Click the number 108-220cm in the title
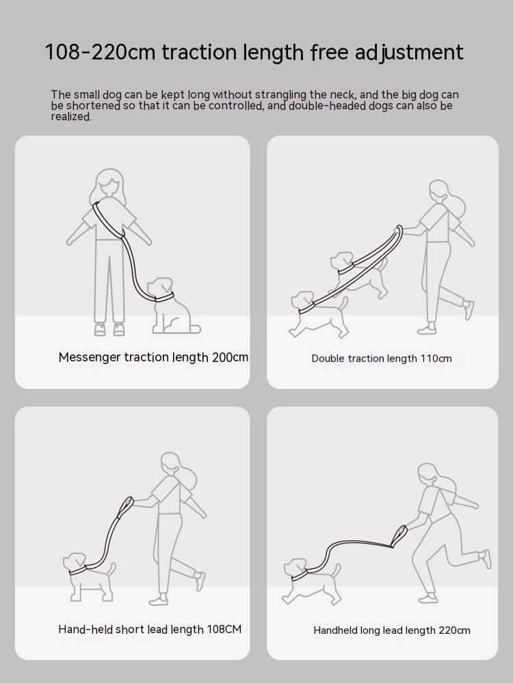(100, 53)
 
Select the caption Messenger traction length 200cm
(153, 358)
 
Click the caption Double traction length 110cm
(382, 359)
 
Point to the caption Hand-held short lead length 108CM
(150, 630)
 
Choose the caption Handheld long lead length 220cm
(392, 630)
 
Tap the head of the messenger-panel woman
(109, 183)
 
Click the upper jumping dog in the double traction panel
(358, 275)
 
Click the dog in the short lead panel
(89, 577)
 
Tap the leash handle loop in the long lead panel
(399, 536)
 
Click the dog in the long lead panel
(311, 581)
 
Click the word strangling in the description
(281, 94)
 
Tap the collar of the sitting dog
(165, 297)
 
